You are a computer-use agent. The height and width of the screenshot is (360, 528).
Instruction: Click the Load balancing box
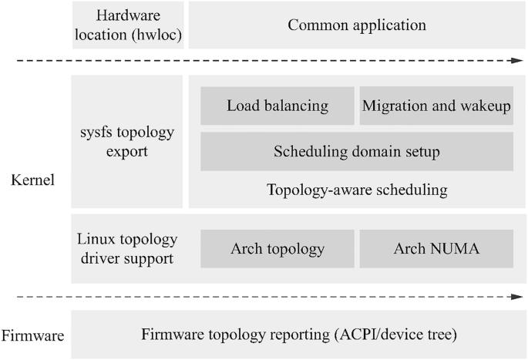(x=277, y=106)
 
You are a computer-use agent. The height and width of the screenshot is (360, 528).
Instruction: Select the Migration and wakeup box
(x=436, y=106)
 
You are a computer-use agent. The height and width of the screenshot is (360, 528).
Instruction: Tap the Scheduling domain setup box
(x=357, y=152)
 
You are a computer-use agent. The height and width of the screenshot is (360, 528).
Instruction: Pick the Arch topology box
(x=277, y=249)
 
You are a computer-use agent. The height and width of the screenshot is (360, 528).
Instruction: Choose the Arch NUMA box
(x=436, y=249)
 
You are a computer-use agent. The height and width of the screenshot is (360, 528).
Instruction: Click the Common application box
(x=357, y=25)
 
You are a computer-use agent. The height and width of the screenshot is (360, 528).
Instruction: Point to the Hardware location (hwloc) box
(x=127, y=25)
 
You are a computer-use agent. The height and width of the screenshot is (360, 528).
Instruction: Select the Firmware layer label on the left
(x=32, y=335)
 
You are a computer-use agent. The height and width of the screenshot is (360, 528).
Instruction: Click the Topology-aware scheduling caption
(x=357, y=189)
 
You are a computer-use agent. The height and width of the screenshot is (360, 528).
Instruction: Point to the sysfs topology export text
(x=127, y=141)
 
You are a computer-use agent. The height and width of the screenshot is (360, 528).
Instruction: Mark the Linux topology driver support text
(x=127, y=248)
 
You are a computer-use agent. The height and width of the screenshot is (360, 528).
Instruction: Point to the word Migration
(x=392, y=106)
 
